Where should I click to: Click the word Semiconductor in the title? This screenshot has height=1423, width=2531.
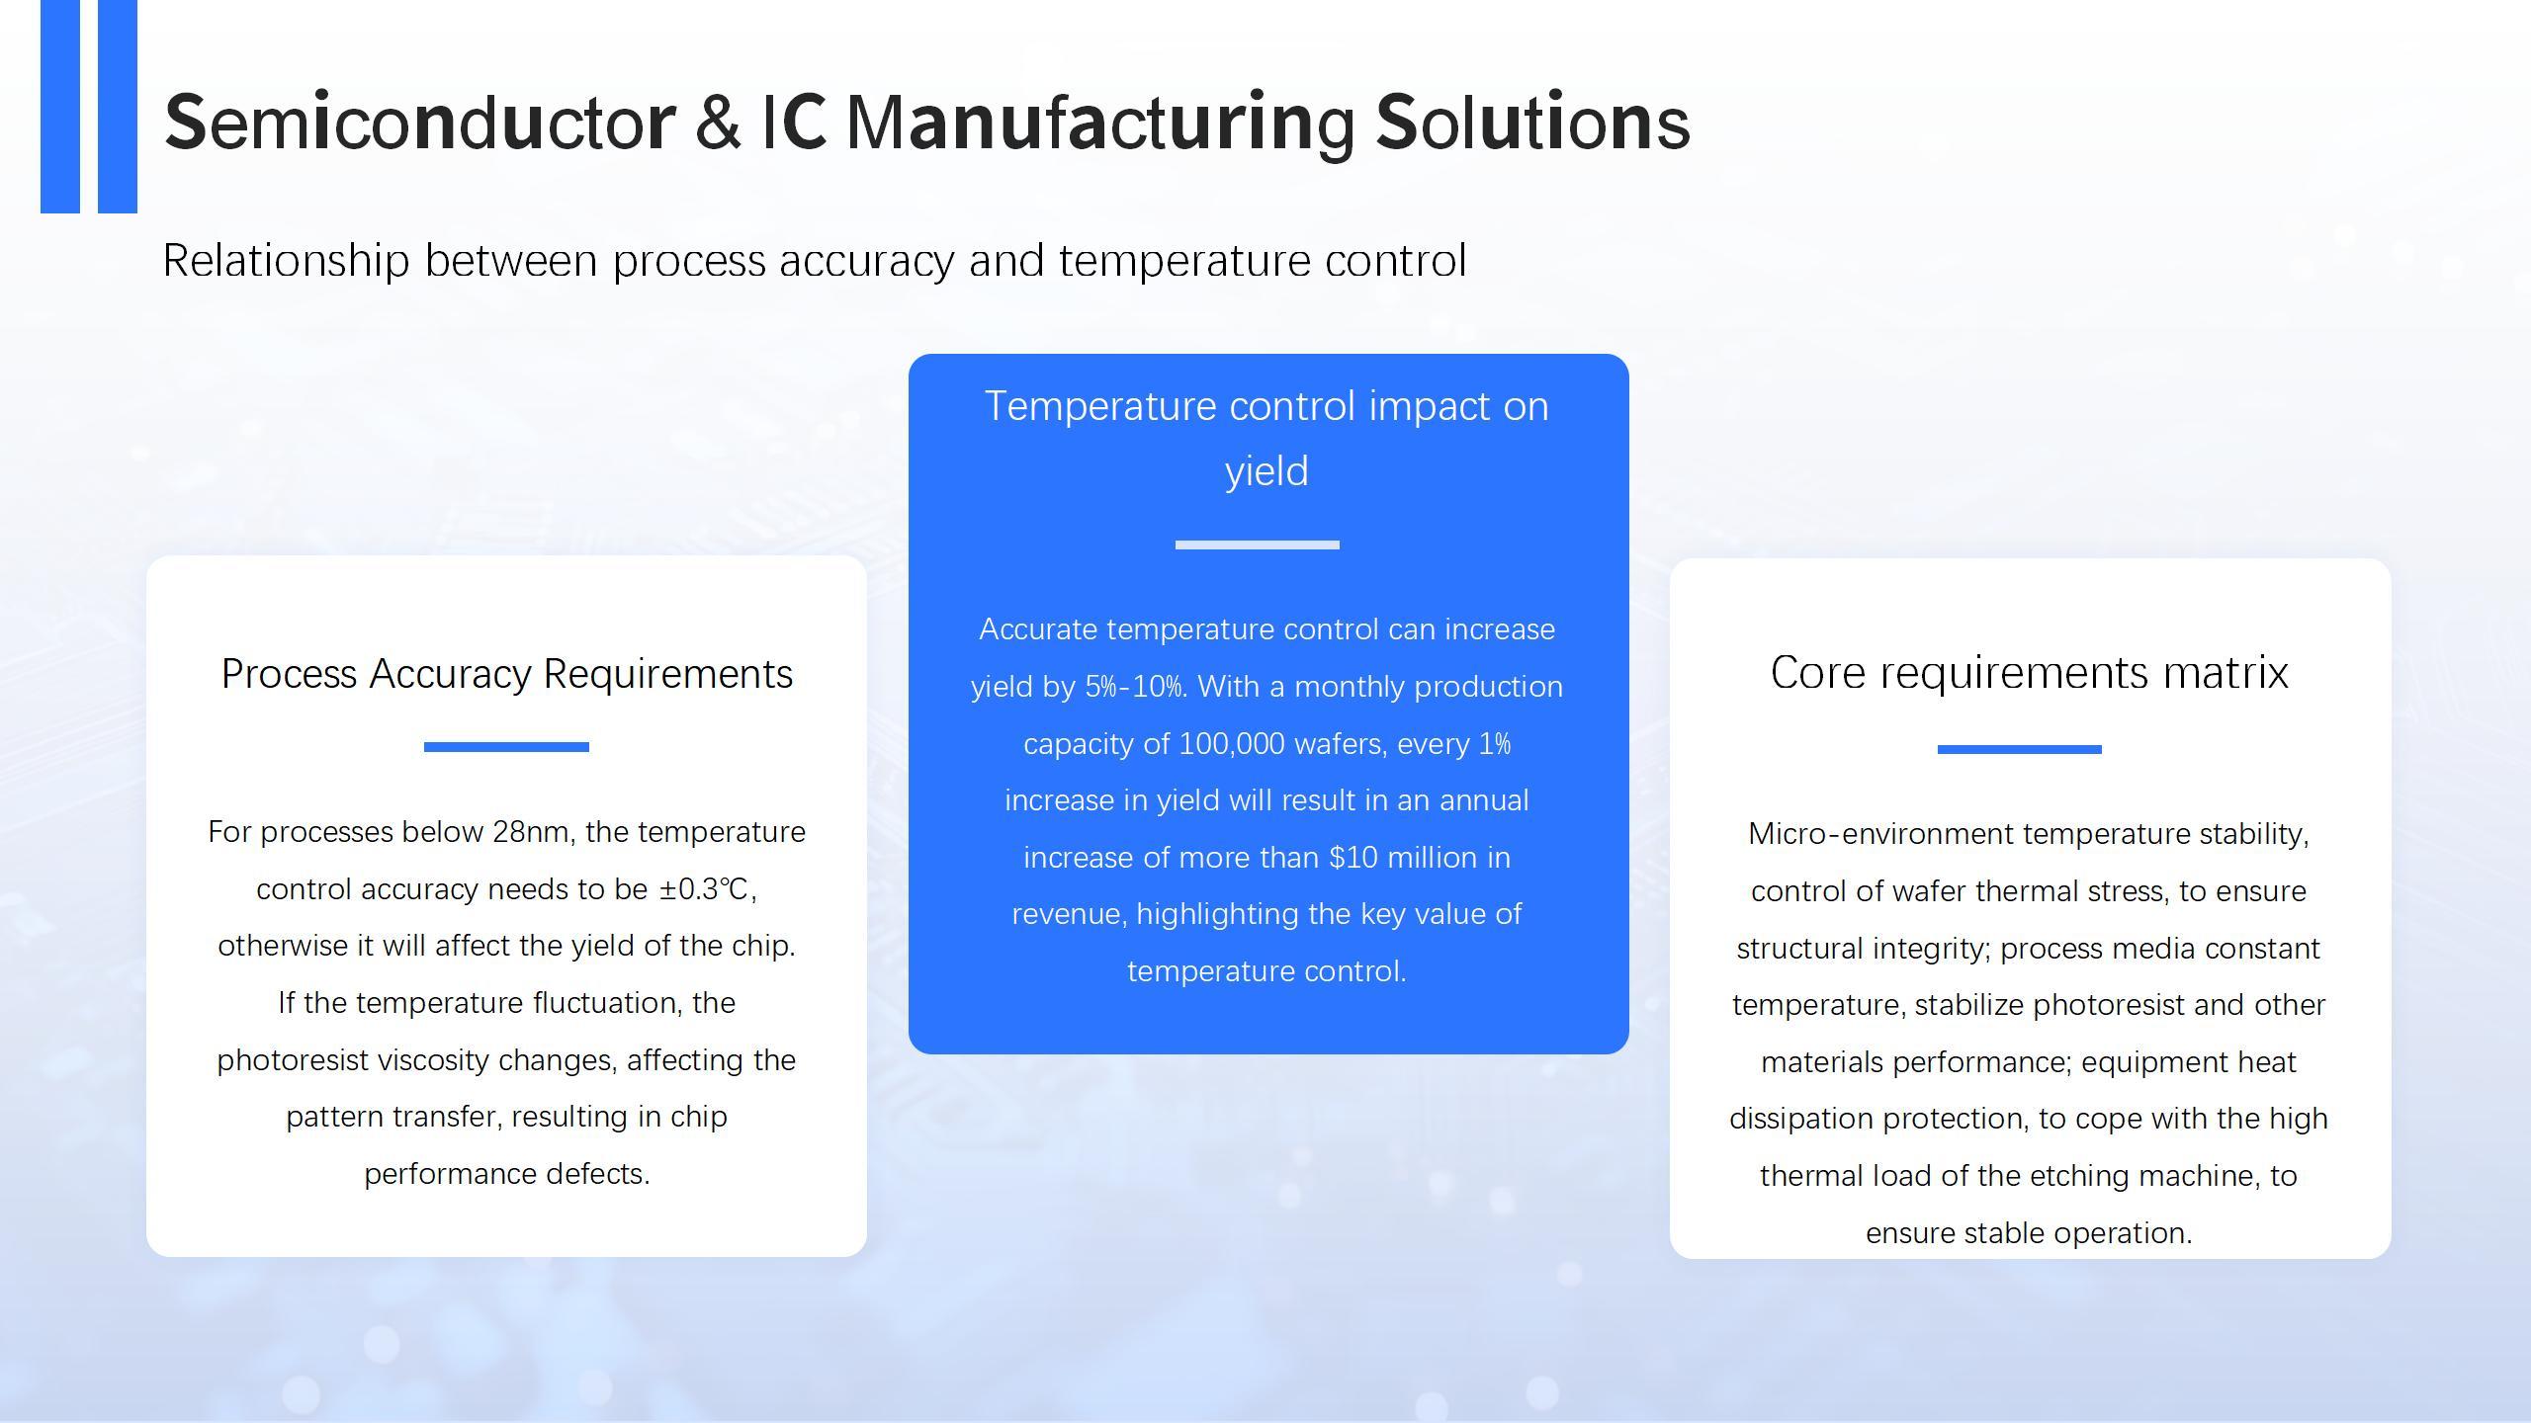420,122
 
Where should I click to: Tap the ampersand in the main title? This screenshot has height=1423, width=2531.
718,122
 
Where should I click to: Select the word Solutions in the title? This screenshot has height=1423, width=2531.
1532,122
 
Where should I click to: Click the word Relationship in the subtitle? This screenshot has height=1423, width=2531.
286,261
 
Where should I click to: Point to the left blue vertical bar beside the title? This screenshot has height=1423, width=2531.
60,106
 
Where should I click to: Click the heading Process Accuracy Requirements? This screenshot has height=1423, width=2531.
507,674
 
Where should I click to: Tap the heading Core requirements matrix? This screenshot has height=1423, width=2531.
2030,672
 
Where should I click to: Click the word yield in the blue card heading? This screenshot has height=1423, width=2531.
1266,471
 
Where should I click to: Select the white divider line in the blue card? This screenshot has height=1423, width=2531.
1258,544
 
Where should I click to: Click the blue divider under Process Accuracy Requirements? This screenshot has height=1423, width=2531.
506,747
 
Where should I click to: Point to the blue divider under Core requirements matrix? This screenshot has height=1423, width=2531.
2020,749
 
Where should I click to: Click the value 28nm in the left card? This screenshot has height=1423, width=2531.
532,832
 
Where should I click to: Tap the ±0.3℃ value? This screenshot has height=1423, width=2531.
704,889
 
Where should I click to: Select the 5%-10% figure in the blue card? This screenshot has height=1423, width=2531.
1135,687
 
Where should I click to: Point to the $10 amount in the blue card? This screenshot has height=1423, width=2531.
1353,858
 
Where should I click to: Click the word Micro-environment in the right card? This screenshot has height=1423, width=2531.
1871,834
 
